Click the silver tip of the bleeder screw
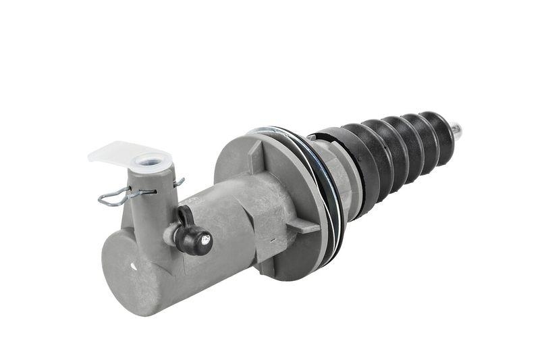(207, 237)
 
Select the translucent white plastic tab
(115, 151)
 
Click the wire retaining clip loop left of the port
(112, 197)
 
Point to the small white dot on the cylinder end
(132, 266)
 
